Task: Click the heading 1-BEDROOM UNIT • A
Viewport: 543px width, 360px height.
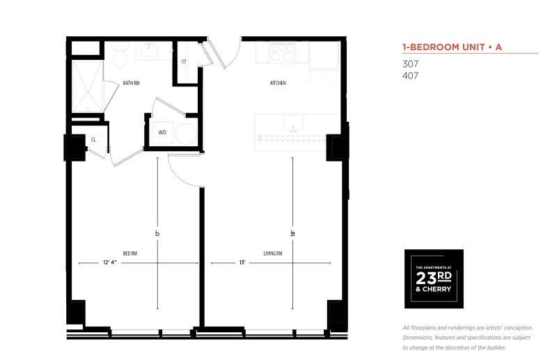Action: point(452,47)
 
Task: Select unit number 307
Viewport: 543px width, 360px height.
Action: point(410,64)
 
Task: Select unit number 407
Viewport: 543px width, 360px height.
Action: point(410,76)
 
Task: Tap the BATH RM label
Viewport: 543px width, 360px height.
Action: point(131,83)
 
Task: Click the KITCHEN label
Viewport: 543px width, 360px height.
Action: point(278,83)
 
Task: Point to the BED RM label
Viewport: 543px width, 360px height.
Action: point(129,253)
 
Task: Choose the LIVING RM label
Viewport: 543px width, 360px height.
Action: point(272,253)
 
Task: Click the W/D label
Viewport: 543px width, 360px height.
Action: point(162,132)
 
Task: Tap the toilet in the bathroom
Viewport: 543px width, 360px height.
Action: point(119,56)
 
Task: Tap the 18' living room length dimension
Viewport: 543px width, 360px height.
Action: point(293,233)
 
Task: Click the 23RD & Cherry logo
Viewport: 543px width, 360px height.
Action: point(434,279)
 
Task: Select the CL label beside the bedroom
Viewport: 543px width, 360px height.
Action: point(93,139)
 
